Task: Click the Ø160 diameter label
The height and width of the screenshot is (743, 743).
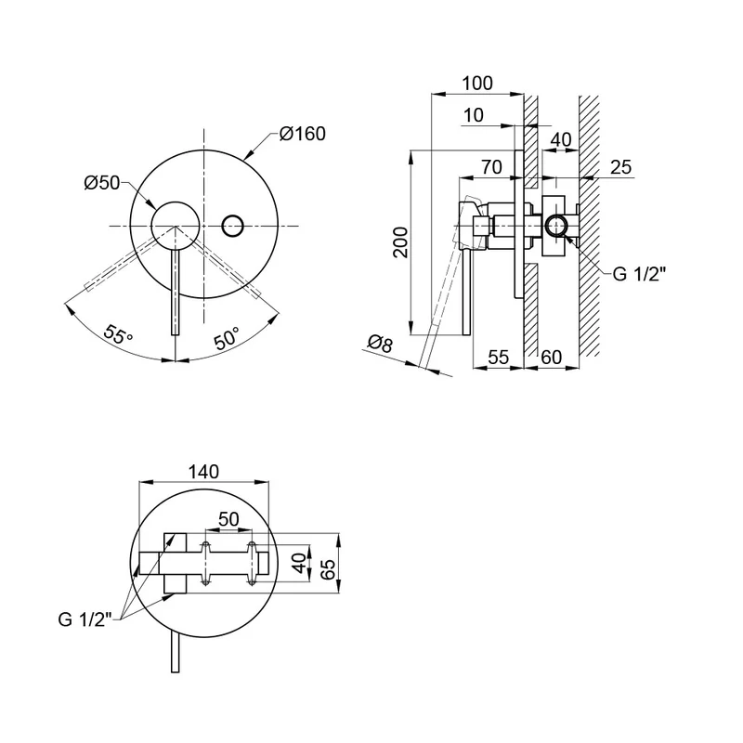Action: tap(303, 134)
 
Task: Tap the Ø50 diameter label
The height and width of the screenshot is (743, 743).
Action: tap(101, 183)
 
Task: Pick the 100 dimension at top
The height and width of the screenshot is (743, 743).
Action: tap(476, 84)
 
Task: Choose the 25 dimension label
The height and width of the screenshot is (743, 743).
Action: tap(621, 167)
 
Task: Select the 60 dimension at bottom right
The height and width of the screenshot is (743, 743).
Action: tap(551, 357)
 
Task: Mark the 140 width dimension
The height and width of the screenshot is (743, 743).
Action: tap(202, 472)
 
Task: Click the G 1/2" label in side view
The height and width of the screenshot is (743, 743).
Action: tap(640, 274)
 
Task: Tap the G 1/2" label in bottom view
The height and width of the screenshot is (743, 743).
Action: tap(83, 619)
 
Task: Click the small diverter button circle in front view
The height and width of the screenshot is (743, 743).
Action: tap(233, 224)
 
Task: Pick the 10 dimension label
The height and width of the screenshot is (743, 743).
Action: tap(474, 115)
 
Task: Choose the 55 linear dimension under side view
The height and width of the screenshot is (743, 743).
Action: tap(499, 357)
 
